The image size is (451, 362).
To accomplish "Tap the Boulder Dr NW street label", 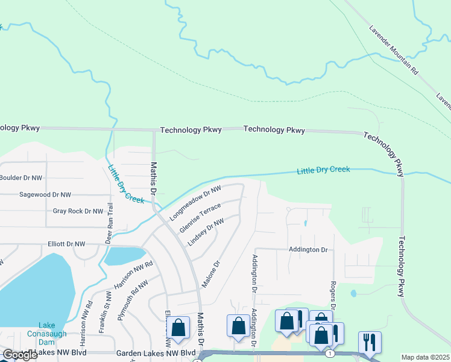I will click(x=21, y=178).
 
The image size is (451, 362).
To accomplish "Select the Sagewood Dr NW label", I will click(x=45, y=195).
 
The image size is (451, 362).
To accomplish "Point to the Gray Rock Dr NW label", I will click(x=78, y=211).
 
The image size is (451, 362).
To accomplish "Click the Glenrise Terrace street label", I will click(x=200, y=219).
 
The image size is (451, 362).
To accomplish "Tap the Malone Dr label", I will click(x=212, y=274).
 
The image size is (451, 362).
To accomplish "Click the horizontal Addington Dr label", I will click(x=307, y=249).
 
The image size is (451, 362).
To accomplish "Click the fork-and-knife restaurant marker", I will click(x=369, y=341).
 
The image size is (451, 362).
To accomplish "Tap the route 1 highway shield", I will click(x=330, y=352).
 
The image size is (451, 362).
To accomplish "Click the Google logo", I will click(x=20, y=355).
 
